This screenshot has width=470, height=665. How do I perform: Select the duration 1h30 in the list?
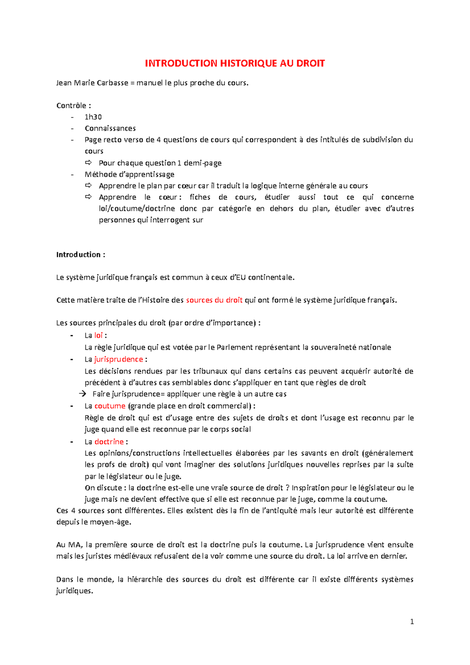click(x=93, y=117)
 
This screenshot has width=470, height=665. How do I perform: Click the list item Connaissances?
click(x=110, y=128)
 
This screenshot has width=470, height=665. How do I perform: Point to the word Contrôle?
click(x=71, y=105)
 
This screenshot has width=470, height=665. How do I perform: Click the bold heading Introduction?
click(x=78, y=255)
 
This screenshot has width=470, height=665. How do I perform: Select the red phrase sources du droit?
click(x=214, y=300)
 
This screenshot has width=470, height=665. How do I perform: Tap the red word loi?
click(x=98, y=335)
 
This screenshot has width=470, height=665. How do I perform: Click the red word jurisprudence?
click(x=119, y=359)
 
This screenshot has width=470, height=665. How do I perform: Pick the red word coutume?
click(x=110, y=406)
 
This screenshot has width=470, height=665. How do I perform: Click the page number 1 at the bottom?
click(x=412, y=622)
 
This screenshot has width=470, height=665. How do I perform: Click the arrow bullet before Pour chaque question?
click(x=88, y=163)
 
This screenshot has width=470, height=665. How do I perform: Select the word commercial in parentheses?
click(x=229, y=406)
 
